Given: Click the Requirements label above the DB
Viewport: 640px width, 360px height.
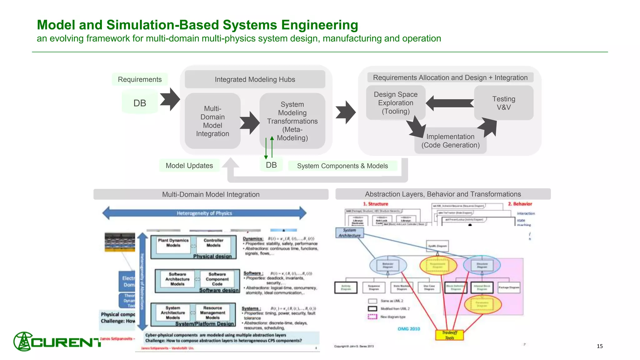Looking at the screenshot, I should coord(140,79).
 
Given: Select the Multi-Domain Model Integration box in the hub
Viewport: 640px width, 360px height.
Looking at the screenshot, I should coord(212,121).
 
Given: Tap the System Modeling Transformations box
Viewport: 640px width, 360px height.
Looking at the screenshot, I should coord(292,121).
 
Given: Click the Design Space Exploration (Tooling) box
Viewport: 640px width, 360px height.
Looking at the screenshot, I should coord(396,103).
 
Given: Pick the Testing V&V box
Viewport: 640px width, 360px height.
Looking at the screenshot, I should coord(503,103).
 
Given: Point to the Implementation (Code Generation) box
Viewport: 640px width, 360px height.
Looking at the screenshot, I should coord(450,141).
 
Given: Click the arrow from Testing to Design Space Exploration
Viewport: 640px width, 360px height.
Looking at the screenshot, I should coord(450,103).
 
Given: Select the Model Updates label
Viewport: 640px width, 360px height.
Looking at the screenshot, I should coord(189,166).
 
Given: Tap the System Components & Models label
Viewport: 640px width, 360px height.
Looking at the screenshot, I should coord(342,166).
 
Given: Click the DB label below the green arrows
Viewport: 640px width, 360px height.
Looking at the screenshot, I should coord(271,165).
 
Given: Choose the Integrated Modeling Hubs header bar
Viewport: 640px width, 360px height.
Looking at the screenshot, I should coord(255,79).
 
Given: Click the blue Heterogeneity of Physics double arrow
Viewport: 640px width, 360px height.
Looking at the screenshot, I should coord(204,213).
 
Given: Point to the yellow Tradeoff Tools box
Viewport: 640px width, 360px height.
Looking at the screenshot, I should coord(449,335).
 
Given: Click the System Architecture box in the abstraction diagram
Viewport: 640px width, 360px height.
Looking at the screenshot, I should coord(349,233).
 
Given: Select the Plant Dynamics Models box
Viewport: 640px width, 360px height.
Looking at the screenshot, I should coord(173,243).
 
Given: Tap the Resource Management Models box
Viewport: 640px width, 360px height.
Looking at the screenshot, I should coord(212,312).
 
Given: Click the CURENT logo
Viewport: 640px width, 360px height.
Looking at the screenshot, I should coord(58,342).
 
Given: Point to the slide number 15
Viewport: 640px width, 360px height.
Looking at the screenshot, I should coord(599,346).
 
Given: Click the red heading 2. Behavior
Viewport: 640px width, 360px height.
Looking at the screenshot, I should coord(520,204).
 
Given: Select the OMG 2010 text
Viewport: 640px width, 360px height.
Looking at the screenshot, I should coord(409,329).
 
